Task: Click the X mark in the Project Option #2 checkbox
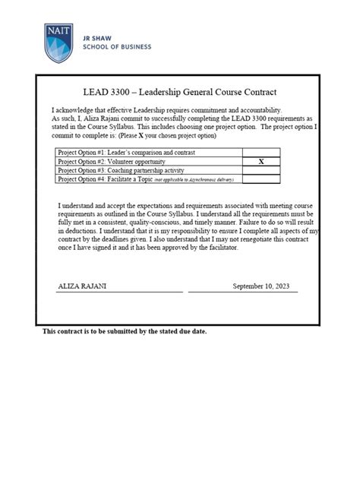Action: pos(261,162)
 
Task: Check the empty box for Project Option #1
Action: pos(261,153)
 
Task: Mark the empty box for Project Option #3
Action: pos(261,171)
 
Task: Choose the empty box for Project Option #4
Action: pos(261,180)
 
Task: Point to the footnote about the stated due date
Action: pos(125,332)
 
